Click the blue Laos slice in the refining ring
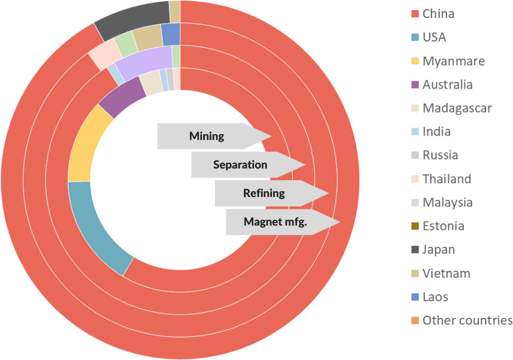click(171, 34)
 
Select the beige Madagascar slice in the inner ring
click(151, 83)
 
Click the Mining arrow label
click(207, 136)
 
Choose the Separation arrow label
click(240, 165)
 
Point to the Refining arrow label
click(264, 193)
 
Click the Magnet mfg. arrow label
click(275, 222)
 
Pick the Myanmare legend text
click(453, 61)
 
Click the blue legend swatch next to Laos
click(415, 297)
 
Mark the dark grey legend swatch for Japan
click(415, 250)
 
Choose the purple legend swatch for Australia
click(415, 85)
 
